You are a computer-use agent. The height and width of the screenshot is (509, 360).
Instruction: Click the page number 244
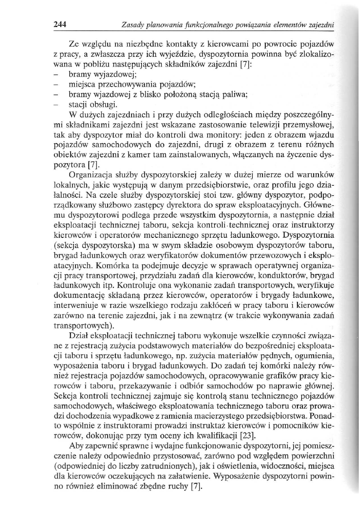click(x=60, y=24)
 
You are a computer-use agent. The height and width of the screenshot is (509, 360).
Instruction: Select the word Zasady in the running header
click(x=132, y=25)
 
